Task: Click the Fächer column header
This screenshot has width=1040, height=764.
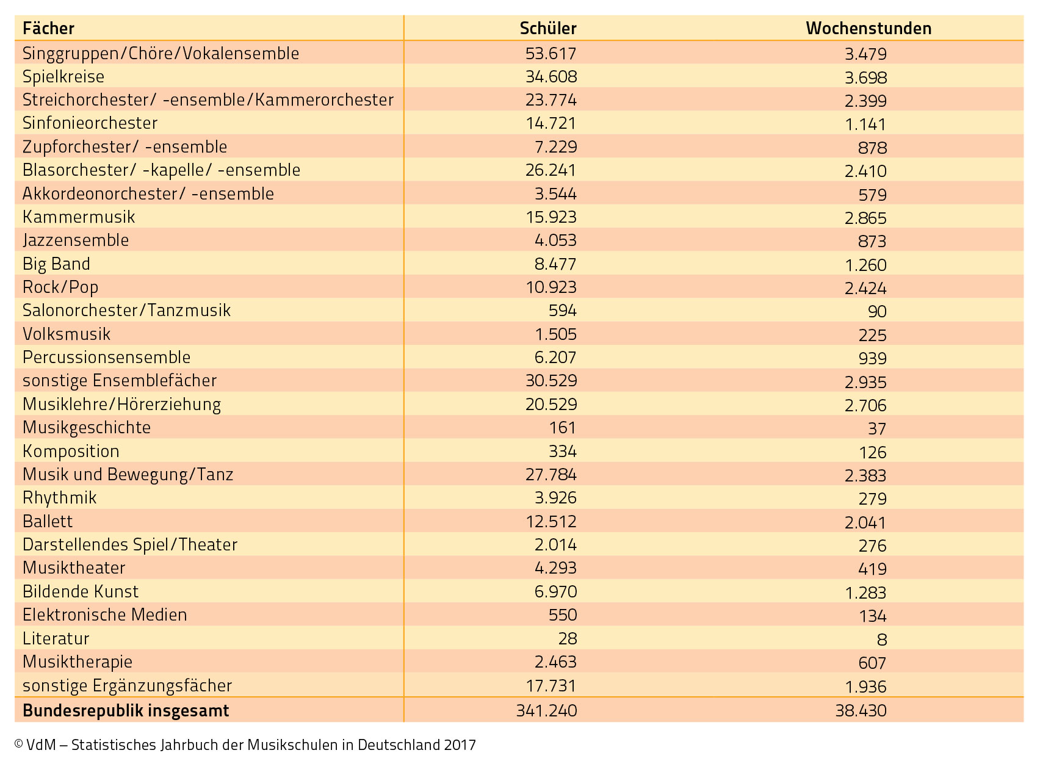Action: tap(48, 28)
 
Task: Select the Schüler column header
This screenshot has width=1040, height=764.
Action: tap(548, 28)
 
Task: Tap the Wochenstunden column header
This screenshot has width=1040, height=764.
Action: tap(868, 28)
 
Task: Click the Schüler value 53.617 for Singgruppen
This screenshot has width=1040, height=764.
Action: tap(551, 53)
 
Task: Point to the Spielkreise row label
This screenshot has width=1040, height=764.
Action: tap(63, 77)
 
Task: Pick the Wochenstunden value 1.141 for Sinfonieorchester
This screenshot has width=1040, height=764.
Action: tap(865, 124)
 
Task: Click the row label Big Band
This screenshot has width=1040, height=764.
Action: tap(56, 264)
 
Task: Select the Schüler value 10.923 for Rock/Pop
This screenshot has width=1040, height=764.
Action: tap(551, 287)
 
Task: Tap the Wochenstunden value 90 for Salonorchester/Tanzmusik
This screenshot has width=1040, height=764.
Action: tap(877, 311)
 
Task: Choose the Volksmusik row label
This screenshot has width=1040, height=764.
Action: tap(67, 334)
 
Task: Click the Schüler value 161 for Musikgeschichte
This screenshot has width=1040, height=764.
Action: tap(562, 428)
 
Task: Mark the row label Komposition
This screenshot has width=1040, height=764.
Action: tap(71, 451)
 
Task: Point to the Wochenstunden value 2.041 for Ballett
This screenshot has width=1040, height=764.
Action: tap(865, 522)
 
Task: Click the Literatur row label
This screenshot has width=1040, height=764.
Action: tap(56, 638)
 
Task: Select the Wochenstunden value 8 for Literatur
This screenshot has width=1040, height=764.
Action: tap(882, 640)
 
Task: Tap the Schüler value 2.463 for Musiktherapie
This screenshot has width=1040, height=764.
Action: tap(555, 661)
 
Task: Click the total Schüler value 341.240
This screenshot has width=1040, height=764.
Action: tap(546, 710)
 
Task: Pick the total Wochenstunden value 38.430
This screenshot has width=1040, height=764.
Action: tap(861, 710)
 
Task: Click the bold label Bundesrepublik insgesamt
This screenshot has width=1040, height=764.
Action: tap(126, 711)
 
